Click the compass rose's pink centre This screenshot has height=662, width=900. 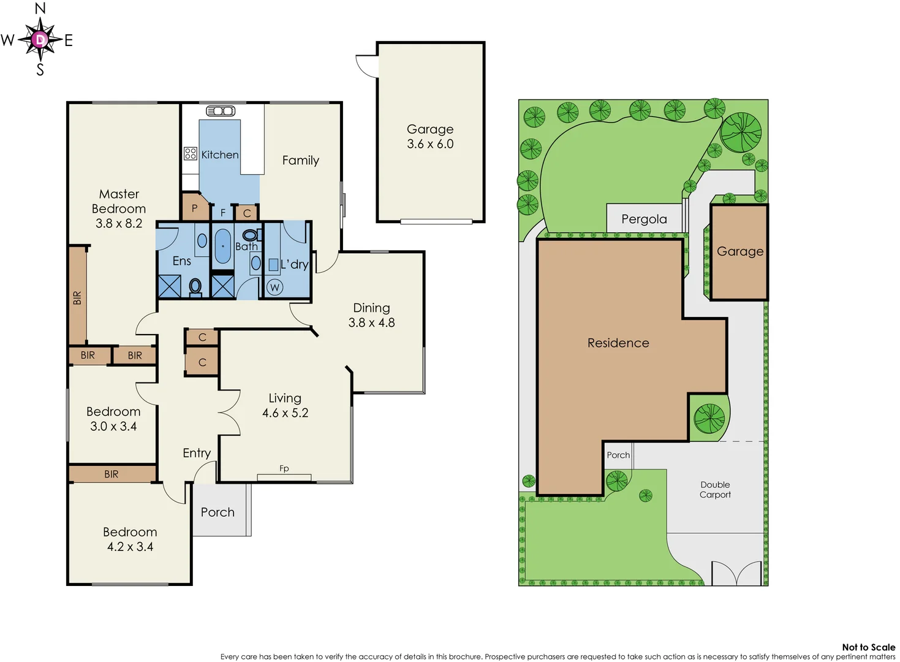40,40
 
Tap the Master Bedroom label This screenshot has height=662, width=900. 119,202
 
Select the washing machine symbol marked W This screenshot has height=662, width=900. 274,287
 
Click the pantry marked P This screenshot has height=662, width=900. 194,208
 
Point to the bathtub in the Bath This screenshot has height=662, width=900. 222,246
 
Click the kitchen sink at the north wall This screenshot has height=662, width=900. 221,111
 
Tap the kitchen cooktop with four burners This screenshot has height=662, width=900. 191,153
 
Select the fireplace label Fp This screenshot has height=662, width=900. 284,469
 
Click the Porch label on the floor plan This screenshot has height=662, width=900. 217,512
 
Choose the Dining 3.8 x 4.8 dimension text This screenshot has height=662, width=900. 372,322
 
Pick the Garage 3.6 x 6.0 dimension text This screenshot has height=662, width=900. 430,144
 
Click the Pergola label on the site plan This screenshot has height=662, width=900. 644,219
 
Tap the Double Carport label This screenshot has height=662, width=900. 715,490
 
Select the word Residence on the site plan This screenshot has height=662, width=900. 618,343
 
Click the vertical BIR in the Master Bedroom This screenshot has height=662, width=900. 77,297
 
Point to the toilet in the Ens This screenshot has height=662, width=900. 195,287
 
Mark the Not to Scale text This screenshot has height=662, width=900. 868,647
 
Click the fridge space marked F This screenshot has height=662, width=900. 223,213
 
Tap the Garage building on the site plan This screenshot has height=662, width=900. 739,252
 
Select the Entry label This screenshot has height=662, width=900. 197,453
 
